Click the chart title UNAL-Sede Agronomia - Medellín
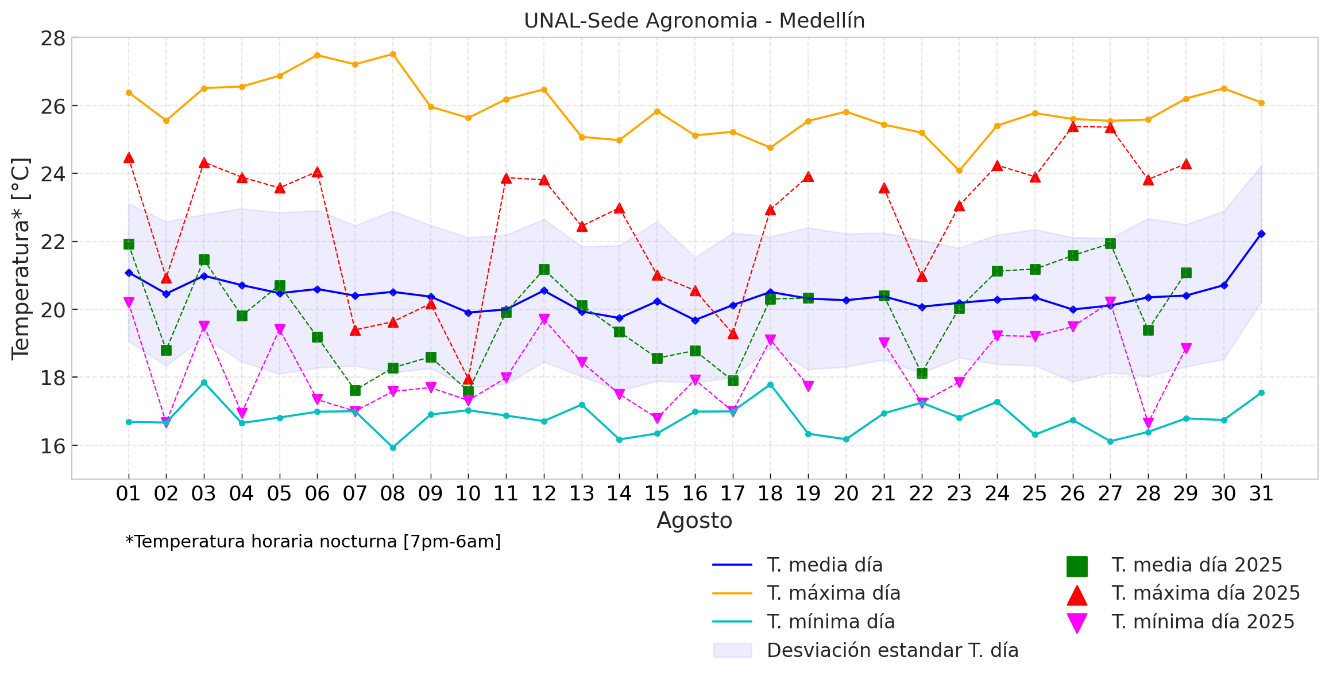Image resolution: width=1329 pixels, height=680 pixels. [694, 21]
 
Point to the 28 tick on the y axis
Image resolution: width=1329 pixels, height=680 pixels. [52, 38]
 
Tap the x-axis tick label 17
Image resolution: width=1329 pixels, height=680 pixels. [732, 494]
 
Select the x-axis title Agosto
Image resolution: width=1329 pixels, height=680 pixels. [694, 520]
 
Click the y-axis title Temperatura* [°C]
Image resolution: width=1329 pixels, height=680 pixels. [21, 258]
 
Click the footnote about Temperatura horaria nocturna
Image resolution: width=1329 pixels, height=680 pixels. [313, 542]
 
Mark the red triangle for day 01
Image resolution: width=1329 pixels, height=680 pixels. [129, 158]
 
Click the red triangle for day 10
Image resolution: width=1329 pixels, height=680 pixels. [468, 379]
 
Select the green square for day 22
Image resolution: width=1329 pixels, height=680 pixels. [922, 373]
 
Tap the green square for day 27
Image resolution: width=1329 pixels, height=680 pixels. [1110, 243]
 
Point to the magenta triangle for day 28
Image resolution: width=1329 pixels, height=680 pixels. [1148, 423]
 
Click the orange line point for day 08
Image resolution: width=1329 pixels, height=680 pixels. [393, 54]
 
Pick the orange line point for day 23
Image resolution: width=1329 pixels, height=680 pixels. [959, 170]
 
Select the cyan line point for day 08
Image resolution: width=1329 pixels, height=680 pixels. [393, 448]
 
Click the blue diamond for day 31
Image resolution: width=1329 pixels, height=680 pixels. [1261, 234]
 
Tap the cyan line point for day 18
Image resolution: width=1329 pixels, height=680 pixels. [770, 384]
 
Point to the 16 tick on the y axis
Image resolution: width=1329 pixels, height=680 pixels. [52, 446]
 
